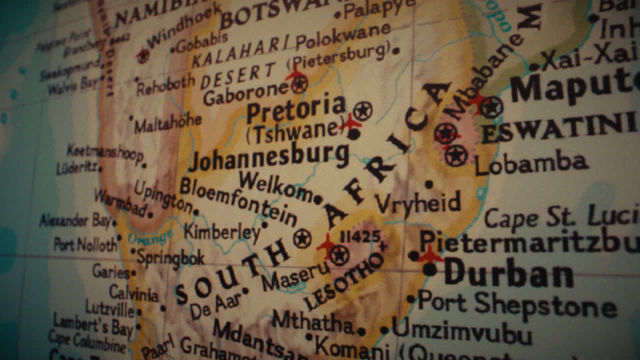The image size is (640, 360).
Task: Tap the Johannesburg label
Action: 269,157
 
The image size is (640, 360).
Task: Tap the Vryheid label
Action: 418,204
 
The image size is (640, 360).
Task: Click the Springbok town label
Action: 170,257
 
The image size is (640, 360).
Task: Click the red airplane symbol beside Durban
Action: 430,255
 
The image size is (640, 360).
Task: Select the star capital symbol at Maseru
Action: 339,255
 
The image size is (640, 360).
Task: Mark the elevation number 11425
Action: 360,236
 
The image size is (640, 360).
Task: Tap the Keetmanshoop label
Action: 105,152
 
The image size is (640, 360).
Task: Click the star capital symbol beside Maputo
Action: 491,106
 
